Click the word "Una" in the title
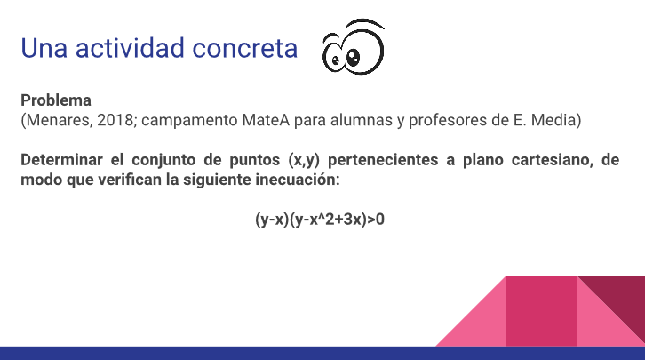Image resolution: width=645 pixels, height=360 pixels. pos(44,48)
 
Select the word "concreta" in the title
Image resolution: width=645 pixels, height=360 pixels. pos(244,49)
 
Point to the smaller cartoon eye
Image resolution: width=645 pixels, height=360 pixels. pos(333,58)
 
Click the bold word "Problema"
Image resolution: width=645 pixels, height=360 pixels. pos(56,100)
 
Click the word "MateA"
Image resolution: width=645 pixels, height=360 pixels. pos(266,120)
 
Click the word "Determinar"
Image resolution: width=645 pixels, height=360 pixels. pos(61,160)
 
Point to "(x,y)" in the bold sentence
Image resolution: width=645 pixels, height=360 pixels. pos(304,160)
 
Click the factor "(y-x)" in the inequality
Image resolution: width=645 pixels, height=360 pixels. pos(272,220)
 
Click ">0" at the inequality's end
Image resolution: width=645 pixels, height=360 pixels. pos(376,220)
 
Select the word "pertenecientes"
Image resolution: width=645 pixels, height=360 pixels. pos(383,160)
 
